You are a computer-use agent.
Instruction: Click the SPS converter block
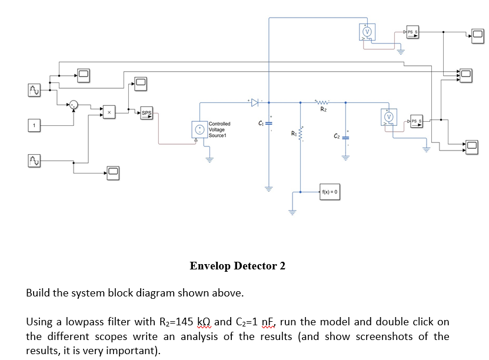(x=147, y=113)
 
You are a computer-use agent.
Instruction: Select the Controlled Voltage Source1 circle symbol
(x=199, y=130)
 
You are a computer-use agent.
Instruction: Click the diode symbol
(x=254, y=102)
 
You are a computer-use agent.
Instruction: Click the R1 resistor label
(x=294, y=135)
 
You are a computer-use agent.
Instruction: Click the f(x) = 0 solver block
(x=329, y=192)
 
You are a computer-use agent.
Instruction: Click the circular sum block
(x=72, y=105)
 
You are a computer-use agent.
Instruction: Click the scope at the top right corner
(x=477, y=35)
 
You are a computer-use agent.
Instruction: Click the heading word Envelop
(x=211, y=266)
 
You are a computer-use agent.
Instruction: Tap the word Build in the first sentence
(x=38, y=293)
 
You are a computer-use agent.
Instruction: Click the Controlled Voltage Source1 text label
(x=219, y=129)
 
